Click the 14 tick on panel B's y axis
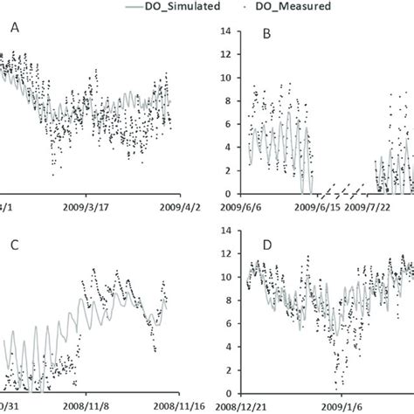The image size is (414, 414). tap(227, 31)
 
